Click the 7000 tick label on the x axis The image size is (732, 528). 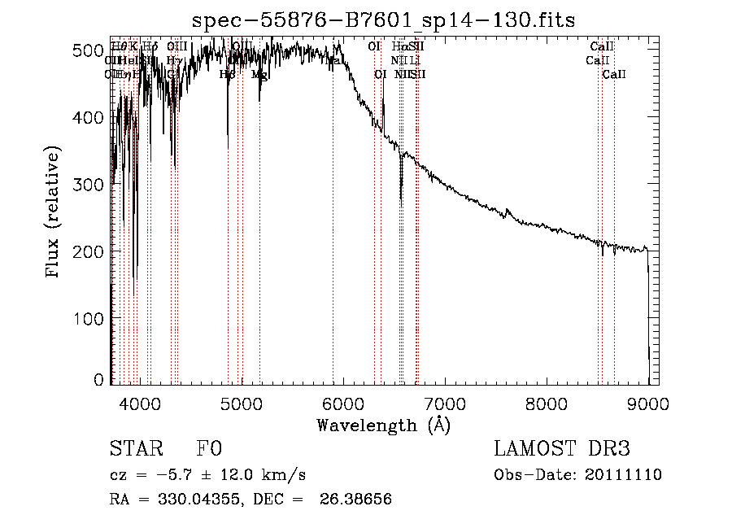point(445,402)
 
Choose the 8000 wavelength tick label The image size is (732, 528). point(547,402)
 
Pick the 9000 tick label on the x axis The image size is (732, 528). point(648,402)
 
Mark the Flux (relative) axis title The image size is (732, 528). point(54,213)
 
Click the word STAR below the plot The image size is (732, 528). point(133,449)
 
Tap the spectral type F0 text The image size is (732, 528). point(209,449)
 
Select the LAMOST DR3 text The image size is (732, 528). point(562,449)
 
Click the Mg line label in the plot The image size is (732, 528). point(259,75)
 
